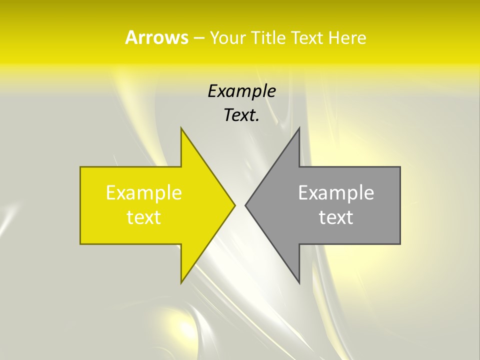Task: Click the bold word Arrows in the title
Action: click(x=156, y=37)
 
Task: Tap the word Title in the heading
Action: click(x=269, y=37)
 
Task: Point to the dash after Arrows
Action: click(x=198, y=38)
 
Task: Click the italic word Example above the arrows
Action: click(x=241, y=91)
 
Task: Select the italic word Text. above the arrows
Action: click(x=241, y=115)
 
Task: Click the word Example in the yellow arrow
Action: click(x=144, y=193)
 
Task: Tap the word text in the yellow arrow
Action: click(x=144, y=217)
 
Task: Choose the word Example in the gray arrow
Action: click(x=336, y=193)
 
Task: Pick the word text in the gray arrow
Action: click(x=336, y=217)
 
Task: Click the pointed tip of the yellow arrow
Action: click(x=235, y=205)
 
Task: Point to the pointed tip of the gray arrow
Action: click(x=245, y=205)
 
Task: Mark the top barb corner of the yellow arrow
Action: click(x=181, y=127)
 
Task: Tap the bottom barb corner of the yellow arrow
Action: click(x=181, y=283)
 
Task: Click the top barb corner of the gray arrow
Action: click(x=299, y=127)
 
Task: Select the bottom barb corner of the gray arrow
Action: click(x=299, y=283)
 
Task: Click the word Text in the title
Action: click(x=307, y=37)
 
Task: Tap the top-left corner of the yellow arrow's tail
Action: click(x=80, y=167)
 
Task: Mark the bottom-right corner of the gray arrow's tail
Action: click(x=400, y=244)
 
